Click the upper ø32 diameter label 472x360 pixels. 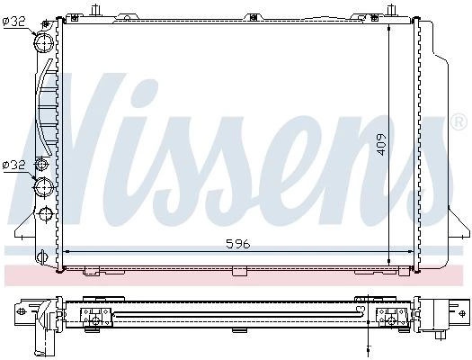tap(14, 22)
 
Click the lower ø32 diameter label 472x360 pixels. tap(14, 165)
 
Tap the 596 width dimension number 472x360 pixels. tap(238, 244)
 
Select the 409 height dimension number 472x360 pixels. tap(381, 144)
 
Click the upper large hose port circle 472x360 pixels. tap(44, 42)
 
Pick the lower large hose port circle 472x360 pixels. tap(44, 187)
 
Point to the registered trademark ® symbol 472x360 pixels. tap(459, 121)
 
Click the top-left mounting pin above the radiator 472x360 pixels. tap(95, 10)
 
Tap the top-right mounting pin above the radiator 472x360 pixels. tap(391, 10)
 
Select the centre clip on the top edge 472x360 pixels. tap(254, 17)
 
